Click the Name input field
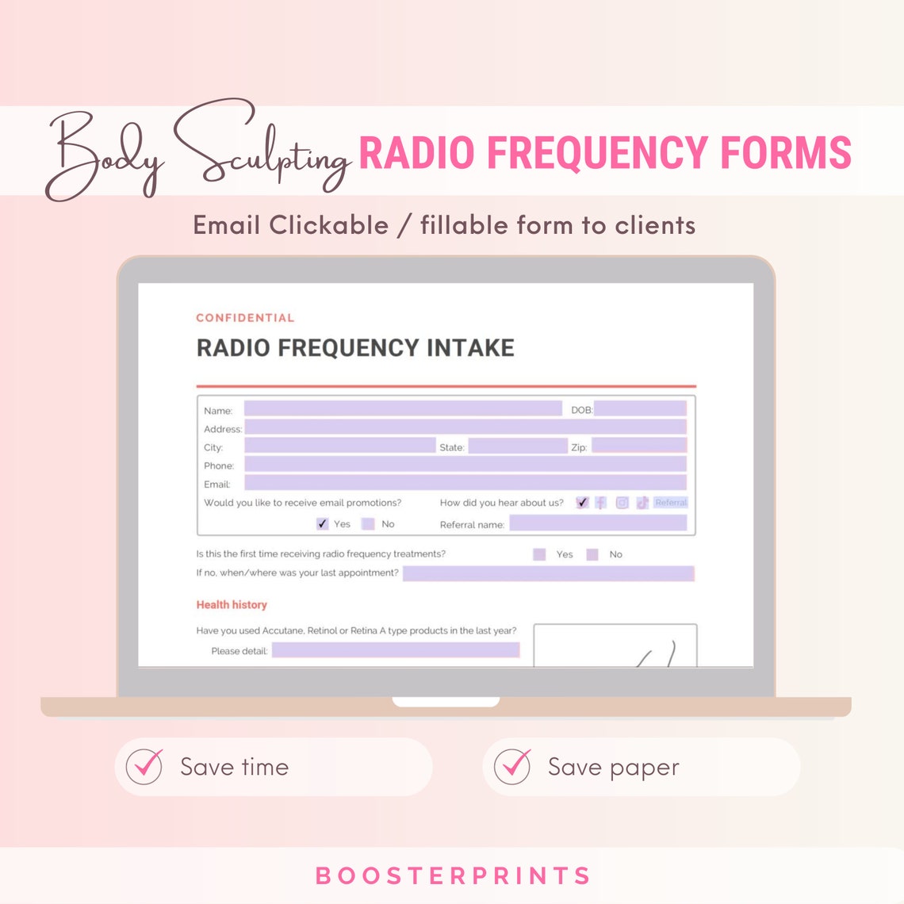[x=403, y=409]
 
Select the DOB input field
[x=640, y=409]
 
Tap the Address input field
[x=465, y=427]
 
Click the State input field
[x=517, y=446]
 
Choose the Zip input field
[x=638, y=446]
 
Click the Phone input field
[x=465, y=465]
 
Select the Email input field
[x=465, y=483]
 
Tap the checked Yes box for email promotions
[x=322, y=523]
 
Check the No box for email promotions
[x=368, y=523]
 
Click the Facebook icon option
[x=601, y=503]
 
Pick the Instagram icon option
[x=622, y=503]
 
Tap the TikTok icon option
[x=642, y=503]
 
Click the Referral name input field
[x=598, y=523]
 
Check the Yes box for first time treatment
[x=539, y=554]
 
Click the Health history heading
[x=232, y=604]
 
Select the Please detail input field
[x=395, y=650]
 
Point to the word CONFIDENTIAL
[x=245, y=318]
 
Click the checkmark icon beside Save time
[x=144, y=767]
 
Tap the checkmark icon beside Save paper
[x=512, y=767]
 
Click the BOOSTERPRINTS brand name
[x=453, y=876]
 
